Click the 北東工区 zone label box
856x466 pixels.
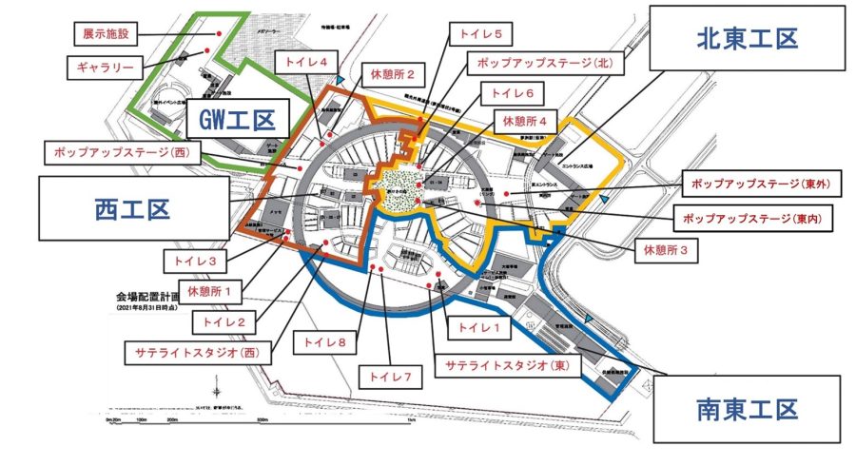tap(747, 38)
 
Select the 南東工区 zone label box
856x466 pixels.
tap(747, 409)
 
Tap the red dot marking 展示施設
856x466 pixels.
tap(220, 33)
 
